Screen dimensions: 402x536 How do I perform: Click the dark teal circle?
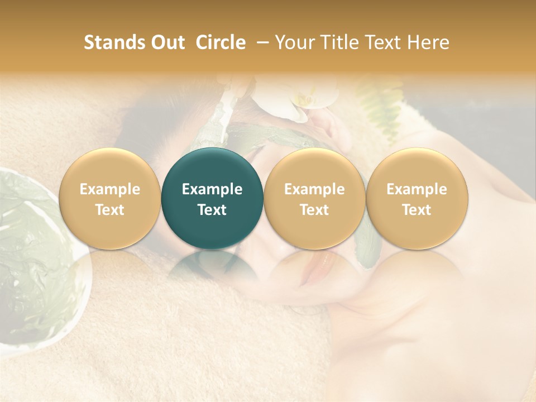[212, 198]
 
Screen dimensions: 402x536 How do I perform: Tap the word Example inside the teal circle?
[212, 189]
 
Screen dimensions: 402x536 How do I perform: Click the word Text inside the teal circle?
[212, 209]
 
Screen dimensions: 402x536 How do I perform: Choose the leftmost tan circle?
[110, 198]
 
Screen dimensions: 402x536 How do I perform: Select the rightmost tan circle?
[417, 198]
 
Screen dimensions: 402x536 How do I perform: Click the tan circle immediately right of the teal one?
[314, 198]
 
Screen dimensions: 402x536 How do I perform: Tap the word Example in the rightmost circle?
[417, 189]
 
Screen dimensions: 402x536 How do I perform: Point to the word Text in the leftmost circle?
[110, 209]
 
